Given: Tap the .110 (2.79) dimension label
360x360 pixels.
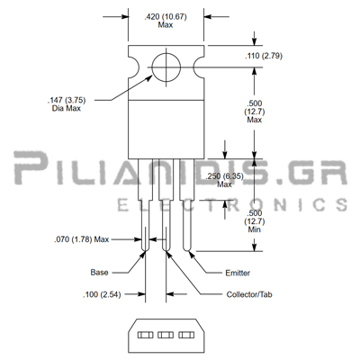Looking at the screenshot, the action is tap(264, 56).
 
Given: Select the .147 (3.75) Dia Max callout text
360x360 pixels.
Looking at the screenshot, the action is tap(67, 103).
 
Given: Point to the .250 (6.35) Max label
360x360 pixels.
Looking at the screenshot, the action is tap(224, 180).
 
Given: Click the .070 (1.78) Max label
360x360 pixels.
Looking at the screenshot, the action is tap(81, 239).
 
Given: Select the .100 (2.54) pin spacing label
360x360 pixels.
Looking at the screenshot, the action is tap(102, 294).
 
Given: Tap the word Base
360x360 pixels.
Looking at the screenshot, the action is tap(99, 273).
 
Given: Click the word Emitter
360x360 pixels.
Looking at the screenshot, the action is tap(238, 273).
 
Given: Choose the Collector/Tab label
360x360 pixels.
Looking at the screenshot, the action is tap(249, 294).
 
